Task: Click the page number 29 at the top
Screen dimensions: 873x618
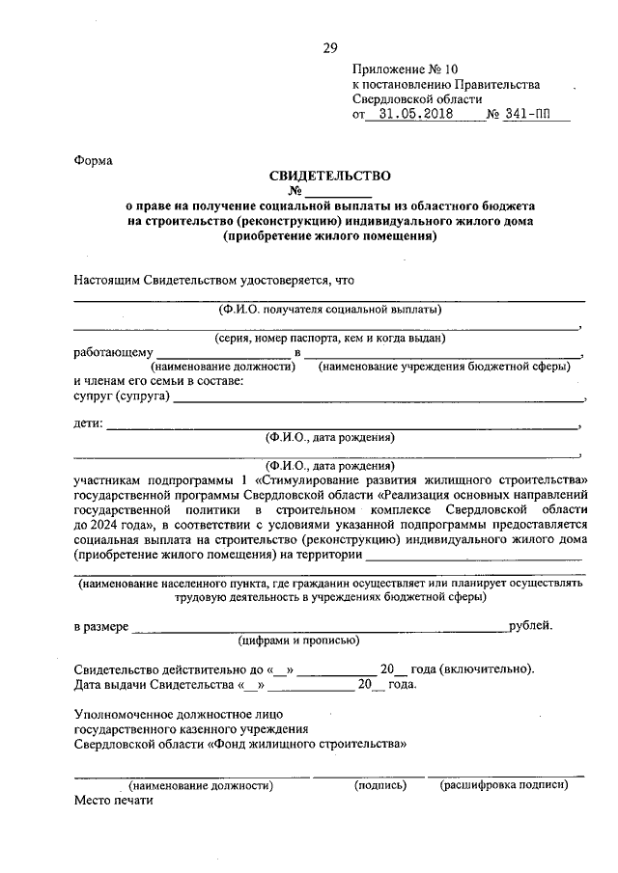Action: click(330, 48)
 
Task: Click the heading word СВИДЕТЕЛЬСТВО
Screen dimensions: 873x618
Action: click(329, 176)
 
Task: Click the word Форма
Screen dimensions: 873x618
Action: click(94, 161)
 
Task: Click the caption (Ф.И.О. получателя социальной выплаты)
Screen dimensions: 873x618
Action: click(329, 310)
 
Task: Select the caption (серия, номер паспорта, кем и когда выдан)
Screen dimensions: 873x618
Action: click(329, 339)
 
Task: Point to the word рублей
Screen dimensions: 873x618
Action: click(531, 625)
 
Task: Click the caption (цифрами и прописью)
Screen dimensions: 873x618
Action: click(299, 640)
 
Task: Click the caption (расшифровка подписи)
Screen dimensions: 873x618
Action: click(503, 785)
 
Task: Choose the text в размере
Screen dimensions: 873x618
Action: click(101, 626)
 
